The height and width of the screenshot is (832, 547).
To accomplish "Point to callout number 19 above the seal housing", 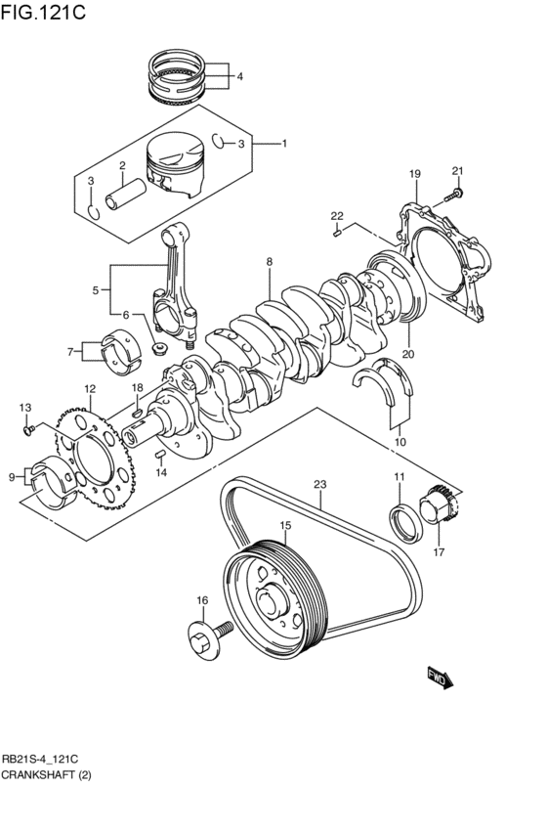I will click(414, 174).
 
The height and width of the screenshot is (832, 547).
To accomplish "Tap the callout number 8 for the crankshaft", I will click(269, 262).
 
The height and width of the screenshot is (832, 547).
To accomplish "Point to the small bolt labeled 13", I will click(30, 427).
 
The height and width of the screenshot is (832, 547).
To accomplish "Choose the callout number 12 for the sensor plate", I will click(89, 389).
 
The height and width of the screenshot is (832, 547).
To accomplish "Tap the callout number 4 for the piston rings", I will click(239, 76).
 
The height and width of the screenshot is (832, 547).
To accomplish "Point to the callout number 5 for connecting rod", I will click(96, 290).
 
